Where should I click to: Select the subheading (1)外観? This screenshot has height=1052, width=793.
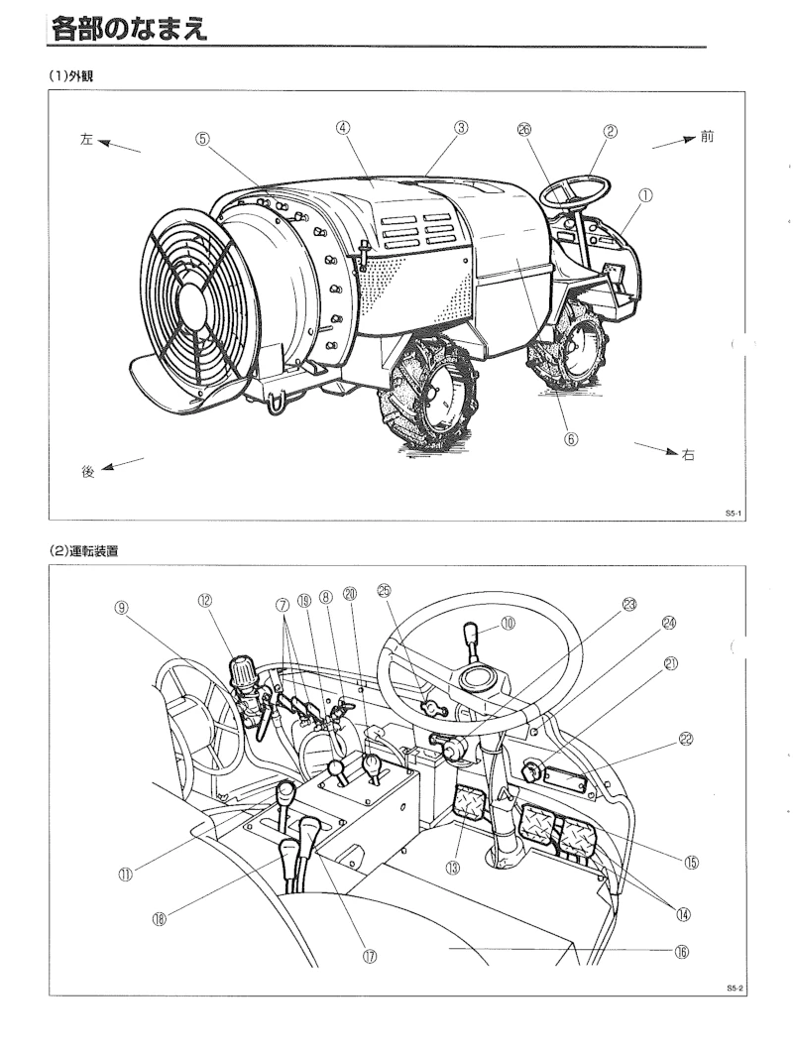point(70,75)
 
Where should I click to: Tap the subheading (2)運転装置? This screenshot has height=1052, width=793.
point(84,551)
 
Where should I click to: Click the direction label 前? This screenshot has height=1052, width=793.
point(707,137)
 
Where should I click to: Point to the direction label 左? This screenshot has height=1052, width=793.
point(86,140)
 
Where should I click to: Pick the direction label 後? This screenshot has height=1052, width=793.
point(88,472)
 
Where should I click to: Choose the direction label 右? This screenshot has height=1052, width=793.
point(688,455)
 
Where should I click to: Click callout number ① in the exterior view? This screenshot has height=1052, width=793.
point(644,195)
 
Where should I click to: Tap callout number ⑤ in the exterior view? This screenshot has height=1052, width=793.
point(202,138)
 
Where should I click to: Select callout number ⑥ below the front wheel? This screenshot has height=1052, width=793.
point(570,439)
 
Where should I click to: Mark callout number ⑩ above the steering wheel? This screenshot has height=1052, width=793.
point(508,623)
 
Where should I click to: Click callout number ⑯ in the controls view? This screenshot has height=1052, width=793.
point(682,952)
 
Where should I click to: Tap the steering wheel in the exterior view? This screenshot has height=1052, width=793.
point(576,191)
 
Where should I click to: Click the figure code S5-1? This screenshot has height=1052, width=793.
point(733,514)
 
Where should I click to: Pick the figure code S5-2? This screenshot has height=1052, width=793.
point(735,989)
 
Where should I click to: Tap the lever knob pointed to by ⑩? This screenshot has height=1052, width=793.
point(472,633)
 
